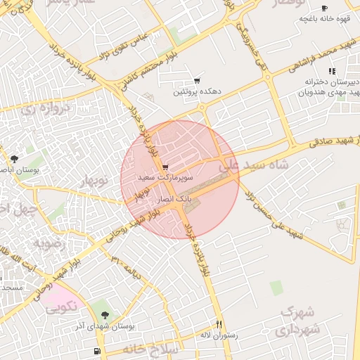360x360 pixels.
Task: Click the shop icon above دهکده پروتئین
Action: [x=197, y=81]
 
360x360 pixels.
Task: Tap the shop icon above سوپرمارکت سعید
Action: [x=165, y=168]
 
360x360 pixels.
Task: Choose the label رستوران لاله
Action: [x=219, y=335]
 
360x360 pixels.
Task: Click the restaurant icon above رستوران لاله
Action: [x=219, y=325]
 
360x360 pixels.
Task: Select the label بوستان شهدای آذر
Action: [x=105, y=326]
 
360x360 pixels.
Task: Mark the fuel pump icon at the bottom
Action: [x=96, y=351]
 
